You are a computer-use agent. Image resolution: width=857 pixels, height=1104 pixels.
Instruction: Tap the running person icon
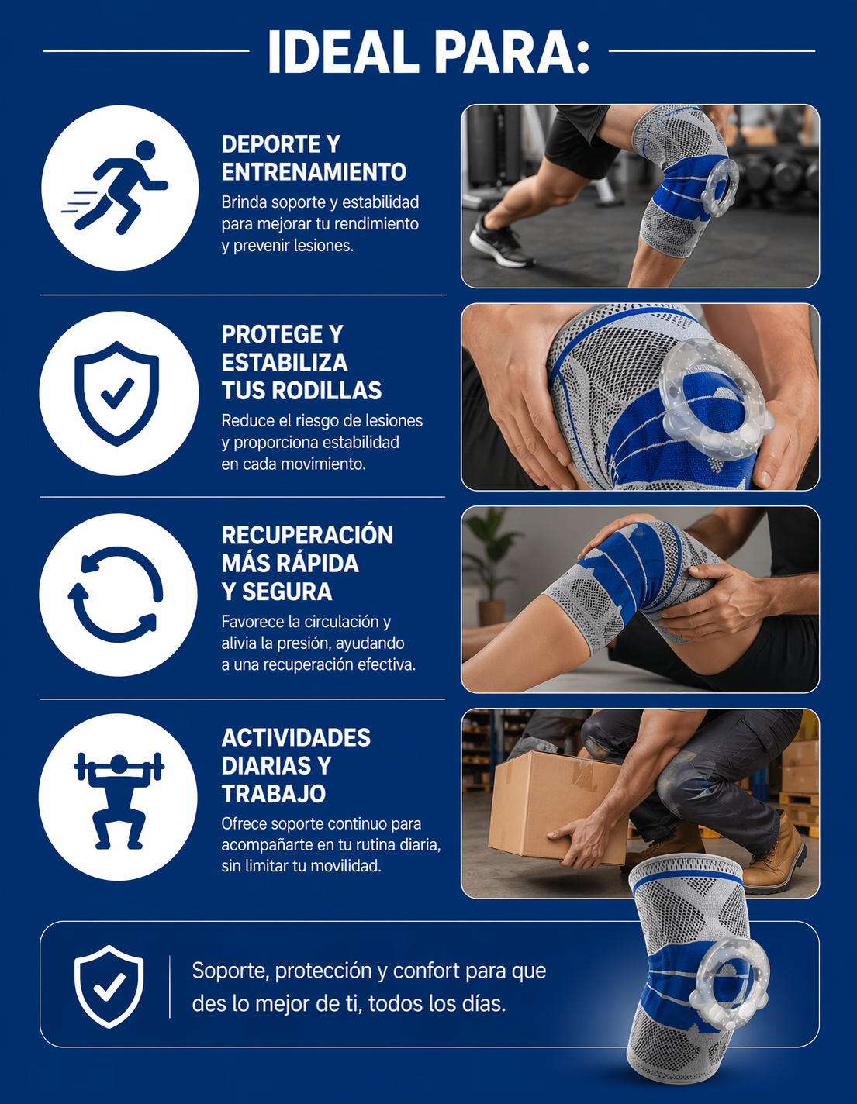pos(116,188)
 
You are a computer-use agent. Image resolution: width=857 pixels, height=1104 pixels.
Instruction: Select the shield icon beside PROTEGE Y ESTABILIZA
pos(117,393)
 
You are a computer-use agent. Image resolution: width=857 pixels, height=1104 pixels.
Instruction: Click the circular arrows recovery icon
pos(116,595)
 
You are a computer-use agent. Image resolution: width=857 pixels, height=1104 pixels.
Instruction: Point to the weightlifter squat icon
pos(119,801)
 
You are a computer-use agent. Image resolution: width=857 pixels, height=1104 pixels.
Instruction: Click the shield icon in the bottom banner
pos(109,987)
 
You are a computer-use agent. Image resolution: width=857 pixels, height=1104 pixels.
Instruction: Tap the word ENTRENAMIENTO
pos(314,172)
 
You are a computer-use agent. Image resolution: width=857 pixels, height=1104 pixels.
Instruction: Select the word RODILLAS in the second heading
pos(327,391)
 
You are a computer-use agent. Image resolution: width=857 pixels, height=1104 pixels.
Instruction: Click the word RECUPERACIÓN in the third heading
pos(307,535)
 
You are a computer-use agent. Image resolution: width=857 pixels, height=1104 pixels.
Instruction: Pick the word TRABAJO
pos(273,794)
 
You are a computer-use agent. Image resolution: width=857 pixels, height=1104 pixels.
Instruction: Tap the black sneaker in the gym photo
pos(500,244)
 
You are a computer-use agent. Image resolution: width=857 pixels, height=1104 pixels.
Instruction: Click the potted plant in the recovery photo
pos(489,564)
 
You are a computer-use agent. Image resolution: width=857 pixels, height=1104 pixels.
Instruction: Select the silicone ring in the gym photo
pos(719,188)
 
